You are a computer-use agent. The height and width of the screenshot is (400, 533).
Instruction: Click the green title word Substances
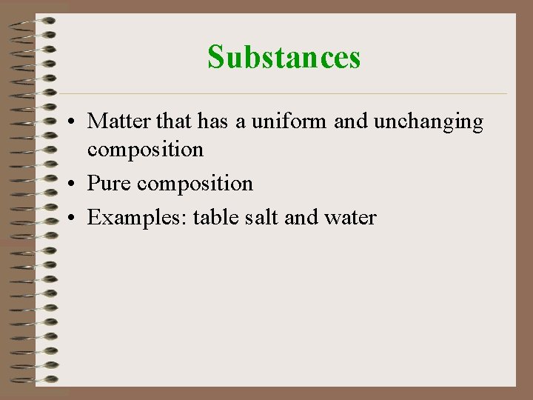point(284,57)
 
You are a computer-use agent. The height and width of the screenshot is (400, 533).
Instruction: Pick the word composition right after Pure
point(195,184)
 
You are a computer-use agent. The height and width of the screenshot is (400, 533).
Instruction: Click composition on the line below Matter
point(145,150)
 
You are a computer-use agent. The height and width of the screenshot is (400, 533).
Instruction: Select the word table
point(214,217)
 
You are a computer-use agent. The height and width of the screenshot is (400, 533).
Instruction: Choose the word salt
point(260,217)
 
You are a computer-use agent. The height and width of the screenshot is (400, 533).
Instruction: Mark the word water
point(349,218)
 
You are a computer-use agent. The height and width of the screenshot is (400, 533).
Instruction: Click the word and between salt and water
point(301,217)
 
